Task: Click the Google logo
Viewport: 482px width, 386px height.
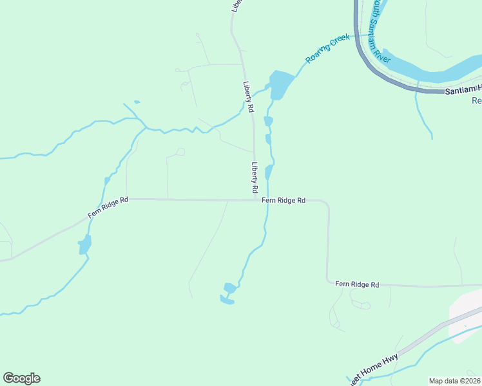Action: pyautogui.click(x=21, y=378)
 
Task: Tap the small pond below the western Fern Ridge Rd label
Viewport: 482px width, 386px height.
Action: pyautogui.click(x=84, y=244)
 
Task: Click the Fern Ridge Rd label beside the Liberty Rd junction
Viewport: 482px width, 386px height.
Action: pyautogui.click(x=284, y=201)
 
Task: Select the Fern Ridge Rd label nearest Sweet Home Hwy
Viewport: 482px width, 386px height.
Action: pyautogui.click(x=357, y=284)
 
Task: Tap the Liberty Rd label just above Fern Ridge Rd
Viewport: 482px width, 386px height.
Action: pyautogui.click(x=255, y=178)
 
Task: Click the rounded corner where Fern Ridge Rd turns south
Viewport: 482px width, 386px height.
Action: pyautogui.click(x=327, y=205)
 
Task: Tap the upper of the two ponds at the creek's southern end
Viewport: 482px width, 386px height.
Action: pyautogui.click(x=229, y=288)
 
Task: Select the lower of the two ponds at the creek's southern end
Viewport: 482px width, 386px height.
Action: pyautogui.click(x=226, y=299)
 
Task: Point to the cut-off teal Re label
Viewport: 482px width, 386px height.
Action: pyautogui.click(x=477, y=101)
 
